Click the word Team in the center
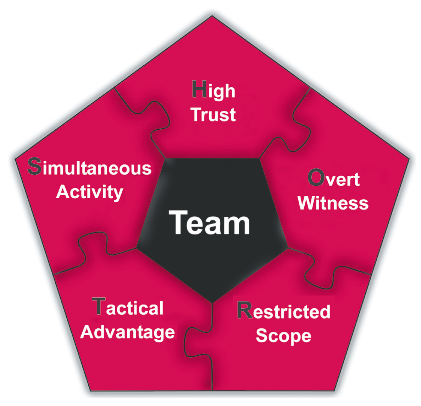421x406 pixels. pos(209,222)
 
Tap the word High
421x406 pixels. pos(214,90)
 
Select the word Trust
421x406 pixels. pos(214,114)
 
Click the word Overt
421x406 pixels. pos(334,178)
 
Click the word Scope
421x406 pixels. pos(283,336)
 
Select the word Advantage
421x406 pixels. pos(128,332)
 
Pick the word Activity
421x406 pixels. pos(90,192)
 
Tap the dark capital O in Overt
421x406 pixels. pos(316,178)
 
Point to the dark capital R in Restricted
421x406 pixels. pos(245,310)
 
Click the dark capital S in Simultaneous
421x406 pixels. pos(35,167)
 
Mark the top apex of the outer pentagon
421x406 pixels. pos(212,16)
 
